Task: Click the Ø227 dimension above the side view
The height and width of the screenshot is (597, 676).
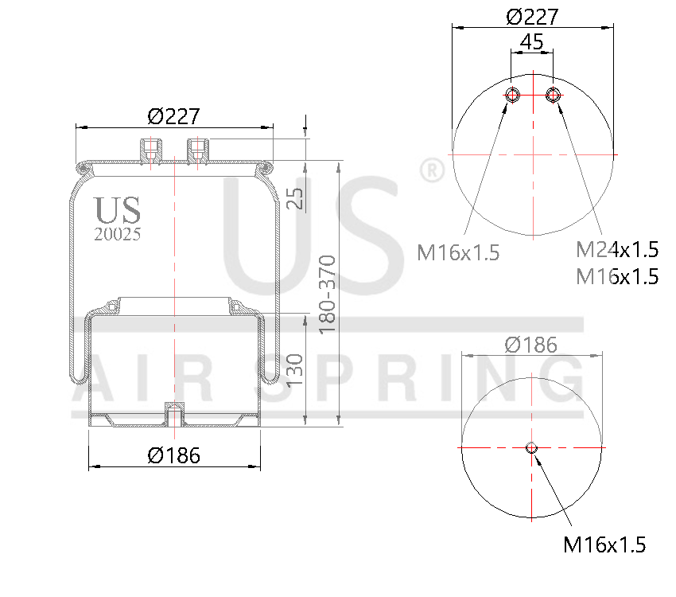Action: click(x=173, y=116)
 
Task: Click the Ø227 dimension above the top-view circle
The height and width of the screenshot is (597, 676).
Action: click(x=532, y=17)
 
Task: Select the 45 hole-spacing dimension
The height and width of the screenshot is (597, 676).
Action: click(x=532, y=41)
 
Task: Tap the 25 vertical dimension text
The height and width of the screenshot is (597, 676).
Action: click(x=295, y=197)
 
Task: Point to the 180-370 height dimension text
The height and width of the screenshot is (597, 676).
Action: click(x=328, y=295)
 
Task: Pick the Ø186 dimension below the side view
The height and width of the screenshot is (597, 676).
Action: click(x=173, y=455)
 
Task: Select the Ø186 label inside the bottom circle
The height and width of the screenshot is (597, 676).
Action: click(x=531, y=345)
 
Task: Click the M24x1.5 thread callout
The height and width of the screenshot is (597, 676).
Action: click(x=617, y=250)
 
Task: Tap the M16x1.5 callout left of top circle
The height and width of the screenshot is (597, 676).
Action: click(x=458, y=253)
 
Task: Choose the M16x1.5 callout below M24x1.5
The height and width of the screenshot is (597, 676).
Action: click(x=617, y=276)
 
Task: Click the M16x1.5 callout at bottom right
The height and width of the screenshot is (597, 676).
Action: click(x=604, y=545)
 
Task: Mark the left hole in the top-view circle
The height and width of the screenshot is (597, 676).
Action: click(x=513, y=96)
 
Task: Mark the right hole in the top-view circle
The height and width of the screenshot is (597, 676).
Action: click(x=553, y=96)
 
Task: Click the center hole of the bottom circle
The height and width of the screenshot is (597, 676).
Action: click(x=532, y=448)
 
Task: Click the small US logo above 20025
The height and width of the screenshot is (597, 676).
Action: click(x=118, y=209)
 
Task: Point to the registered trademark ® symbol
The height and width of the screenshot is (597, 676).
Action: click(x=430, y=170)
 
